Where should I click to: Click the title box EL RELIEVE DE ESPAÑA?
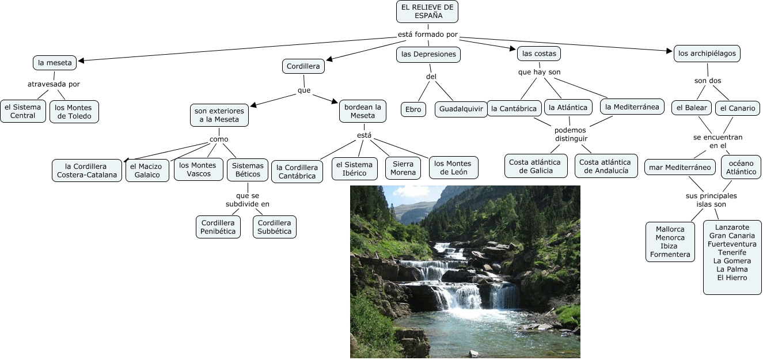click(427, 12)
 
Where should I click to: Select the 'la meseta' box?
click(55, 63)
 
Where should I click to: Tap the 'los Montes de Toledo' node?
click(74, 112)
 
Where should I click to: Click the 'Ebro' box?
click(413, 109)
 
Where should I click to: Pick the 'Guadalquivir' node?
click(461, 109)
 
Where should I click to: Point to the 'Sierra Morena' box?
click(403, 168)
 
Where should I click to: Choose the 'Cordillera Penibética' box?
click(218, 227)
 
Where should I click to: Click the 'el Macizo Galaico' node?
click(147, 170)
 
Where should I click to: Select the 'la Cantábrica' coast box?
click(514, 108)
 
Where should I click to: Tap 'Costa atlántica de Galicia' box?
click(536, 166)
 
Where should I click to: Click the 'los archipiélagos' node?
click(707, 54)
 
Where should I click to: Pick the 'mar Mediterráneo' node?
click(680, 168)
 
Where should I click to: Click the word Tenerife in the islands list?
click(732, 252)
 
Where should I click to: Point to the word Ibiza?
click(670, 246)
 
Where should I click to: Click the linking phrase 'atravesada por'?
click(54, 84)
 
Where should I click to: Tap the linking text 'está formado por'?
click(428, 35)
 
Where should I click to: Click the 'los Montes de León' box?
click(453, 168)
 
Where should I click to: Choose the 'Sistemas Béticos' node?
click(248, 170)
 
